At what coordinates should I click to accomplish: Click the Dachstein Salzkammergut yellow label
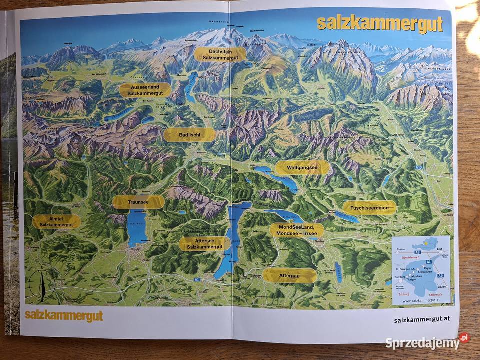(x=220, y=54)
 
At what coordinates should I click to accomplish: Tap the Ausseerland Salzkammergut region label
(x=145, y=90)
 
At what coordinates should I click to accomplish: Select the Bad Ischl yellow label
(x=190, y=135)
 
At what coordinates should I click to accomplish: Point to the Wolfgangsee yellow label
(x=302, y=167)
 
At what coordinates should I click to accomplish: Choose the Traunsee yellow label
(x=138, y=202)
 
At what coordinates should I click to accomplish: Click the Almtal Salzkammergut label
(x=56, y=222)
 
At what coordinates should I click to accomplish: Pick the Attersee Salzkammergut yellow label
(x=204, y=244)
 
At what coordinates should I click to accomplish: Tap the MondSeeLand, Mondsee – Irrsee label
(x=296, y=230)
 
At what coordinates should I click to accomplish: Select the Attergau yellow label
(x=290, y=275)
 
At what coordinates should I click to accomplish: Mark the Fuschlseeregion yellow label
(x=369, y=208)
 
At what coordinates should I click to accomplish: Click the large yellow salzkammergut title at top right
(x=380, y=24)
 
